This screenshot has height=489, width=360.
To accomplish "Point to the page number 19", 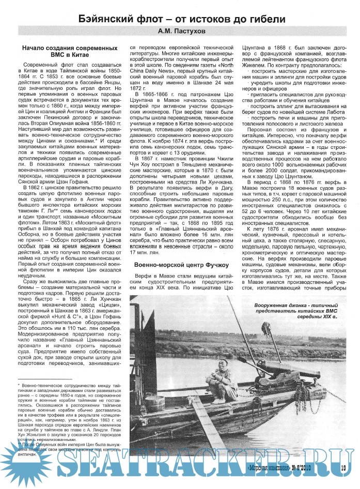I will pos(343,469).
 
